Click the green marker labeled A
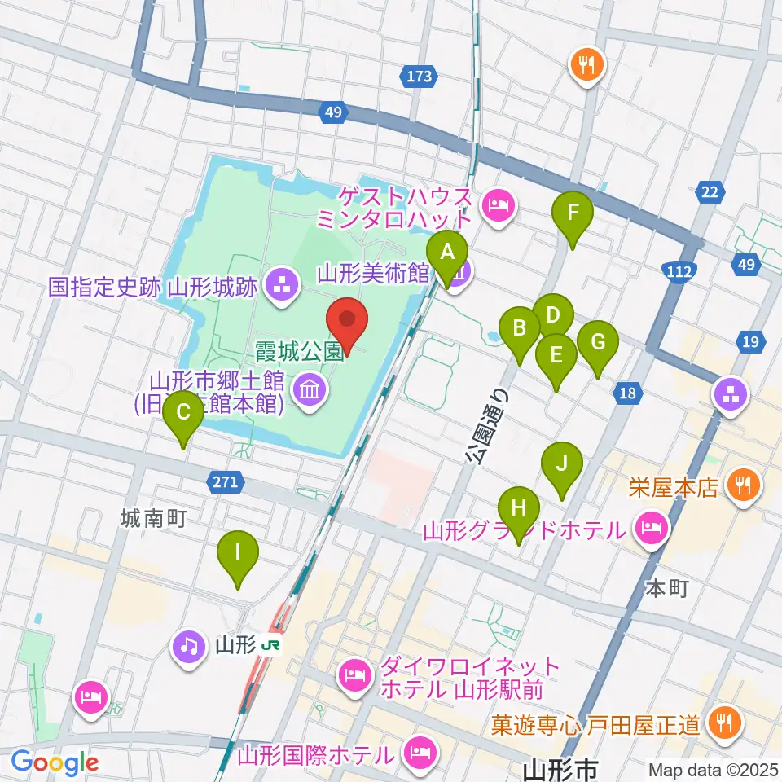tap(447, 253)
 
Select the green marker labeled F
tap(573, 215)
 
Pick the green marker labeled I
tap(238, 554)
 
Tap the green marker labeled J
tap(562, 465)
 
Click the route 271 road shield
tap(226, 482)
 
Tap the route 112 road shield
tap(681, 270)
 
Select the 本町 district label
tap(666, 588)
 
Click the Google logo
tap(55, 762)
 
